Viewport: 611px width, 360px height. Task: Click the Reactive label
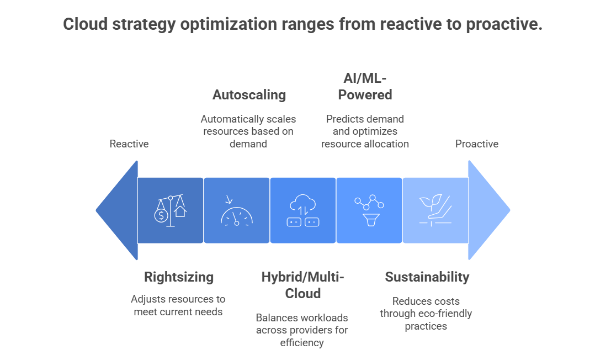coord(129,144)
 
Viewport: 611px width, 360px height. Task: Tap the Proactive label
coord(476,144)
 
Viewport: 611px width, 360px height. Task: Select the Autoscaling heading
coord(249,94)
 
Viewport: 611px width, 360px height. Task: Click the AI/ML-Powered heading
coord(365,87)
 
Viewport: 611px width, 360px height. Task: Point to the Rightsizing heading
coord(179,277)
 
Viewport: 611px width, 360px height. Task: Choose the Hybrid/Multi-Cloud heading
coord(303,285)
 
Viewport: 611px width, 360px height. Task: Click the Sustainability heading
coord(427,277)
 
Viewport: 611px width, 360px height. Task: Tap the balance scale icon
coord(171,210)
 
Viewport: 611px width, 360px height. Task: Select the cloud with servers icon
coord(303,210)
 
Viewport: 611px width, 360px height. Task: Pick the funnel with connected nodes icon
coord(369,210)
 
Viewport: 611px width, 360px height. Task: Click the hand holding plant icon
coord(435,210)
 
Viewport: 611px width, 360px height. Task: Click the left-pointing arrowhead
coord(117,210)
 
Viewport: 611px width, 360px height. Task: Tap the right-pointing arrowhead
coord(489,210)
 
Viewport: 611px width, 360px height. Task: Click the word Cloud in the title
coord(86,24)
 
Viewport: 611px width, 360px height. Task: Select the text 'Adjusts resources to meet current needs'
coord(178,305)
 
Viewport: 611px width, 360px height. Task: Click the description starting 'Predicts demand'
coord(365,131)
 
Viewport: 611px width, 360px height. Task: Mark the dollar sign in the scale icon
coord(161,215)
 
